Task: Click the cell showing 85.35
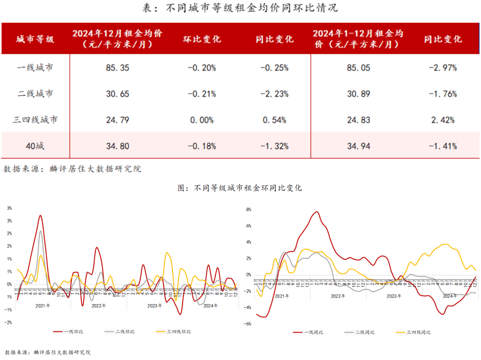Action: point(118,68)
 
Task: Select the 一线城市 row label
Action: point(35,68)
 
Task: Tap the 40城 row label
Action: point(35,146)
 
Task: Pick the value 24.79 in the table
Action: point(118,120)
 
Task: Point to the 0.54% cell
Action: point(275,120)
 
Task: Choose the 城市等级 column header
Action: point(35,39)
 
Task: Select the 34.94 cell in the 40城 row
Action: point(359,146)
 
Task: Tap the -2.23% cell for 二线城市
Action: point(275,94)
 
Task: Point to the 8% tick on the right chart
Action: point(248,210)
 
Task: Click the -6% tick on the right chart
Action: point(248,324)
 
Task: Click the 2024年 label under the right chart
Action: point(449,296)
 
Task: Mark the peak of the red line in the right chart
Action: point(316,212)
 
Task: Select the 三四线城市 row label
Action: point(35,120)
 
